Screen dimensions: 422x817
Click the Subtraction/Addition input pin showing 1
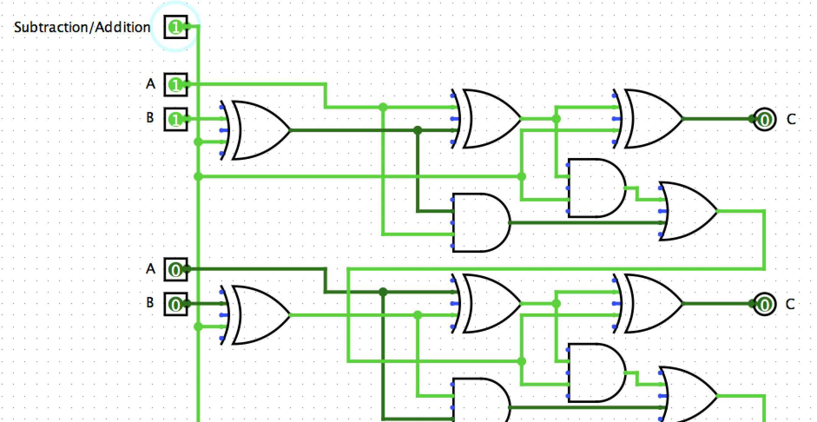coord(175,27)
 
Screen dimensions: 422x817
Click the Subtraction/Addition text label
coord(82,27)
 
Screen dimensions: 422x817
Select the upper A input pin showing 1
coord(175,84)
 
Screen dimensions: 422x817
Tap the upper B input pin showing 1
coord(175,119)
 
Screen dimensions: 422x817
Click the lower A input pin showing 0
coord(175,270)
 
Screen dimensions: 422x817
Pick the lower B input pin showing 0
coord(175,304)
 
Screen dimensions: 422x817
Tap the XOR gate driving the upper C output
coord(651,119)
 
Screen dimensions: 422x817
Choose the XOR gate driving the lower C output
coord(651,303)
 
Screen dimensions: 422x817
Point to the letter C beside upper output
coord(791,119)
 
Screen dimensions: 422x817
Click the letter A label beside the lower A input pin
coord(150,269)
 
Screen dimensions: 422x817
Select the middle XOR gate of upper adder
coord(488,119)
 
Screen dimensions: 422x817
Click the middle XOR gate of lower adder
coord(488,303)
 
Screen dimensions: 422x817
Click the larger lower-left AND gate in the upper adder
coord(480,223)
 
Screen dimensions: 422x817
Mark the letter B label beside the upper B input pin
coord(150,118)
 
